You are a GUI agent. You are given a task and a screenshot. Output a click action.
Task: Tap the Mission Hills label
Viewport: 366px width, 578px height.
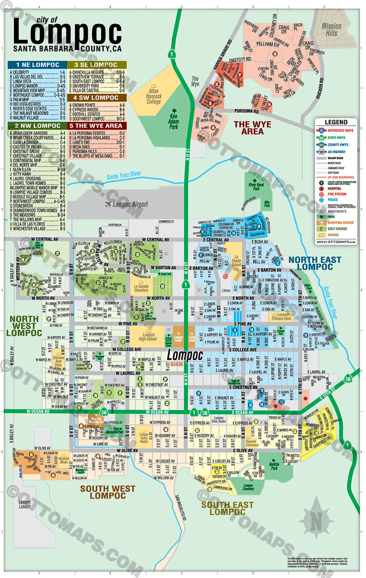coord(331,29)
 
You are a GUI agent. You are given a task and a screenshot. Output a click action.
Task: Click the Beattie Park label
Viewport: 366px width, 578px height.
coord(274,465)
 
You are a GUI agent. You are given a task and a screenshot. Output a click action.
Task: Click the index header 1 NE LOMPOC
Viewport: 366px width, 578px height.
coord(37,65)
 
